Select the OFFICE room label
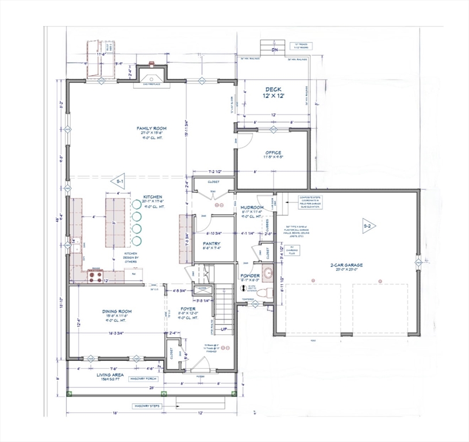[273, 153]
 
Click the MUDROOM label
[252, 207]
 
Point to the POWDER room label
[250, 276]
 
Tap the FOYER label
[189, 308]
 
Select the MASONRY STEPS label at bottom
[147, 406]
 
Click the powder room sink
[267, 272]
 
